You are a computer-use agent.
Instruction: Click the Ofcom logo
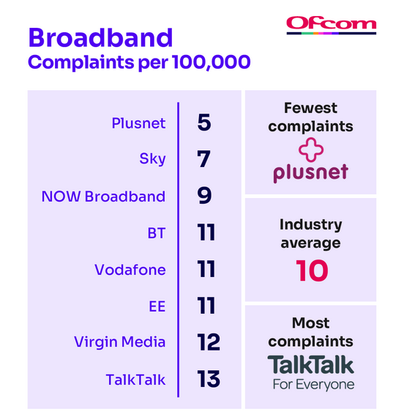click(332, 26)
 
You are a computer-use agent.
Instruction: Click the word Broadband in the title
click(100, 37)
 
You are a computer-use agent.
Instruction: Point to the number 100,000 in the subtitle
click(212, 62)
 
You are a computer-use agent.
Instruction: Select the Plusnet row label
click(138, 123)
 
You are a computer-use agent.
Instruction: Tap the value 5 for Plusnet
click(204, 122)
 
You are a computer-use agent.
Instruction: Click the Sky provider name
click(152, 159)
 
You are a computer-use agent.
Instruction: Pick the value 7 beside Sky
click(203, 158)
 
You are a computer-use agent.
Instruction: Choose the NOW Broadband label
click(103, 196)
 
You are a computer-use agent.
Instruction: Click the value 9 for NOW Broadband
click(204, 195)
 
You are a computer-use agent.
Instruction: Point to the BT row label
click(157, 233)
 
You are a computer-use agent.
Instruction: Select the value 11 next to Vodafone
click(206, 269)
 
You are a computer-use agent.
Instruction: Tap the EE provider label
click(157, 306)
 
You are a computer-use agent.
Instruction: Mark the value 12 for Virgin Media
click(209, 342)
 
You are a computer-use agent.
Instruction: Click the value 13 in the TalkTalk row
click(209, 379)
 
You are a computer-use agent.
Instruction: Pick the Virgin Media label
click(120, 342)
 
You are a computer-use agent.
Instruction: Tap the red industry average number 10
click(312, 270)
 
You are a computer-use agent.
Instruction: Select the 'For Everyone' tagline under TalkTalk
click(314, 385)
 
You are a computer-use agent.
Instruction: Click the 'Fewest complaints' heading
click(311, 117)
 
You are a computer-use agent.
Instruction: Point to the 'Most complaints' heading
click(311, 332)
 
